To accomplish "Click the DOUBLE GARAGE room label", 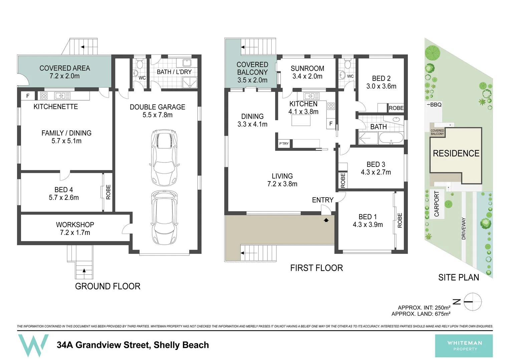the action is pos(157,111).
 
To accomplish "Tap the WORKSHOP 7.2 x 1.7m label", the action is pos(75,229).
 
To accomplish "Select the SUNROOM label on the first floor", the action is pos(307,68).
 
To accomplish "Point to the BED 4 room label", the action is pos(64,194).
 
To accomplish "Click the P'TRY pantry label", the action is pos(284,143).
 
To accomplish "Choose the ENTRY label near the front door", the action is pos(323,200).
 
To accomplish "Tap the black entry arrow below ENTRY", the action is pos(326,220).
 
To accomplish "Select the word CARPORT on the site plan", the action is pos(437,204).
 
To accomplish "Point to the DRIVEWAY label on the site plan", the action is pos(464,229).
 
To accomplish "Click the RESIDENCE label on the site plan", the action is pos(456,153).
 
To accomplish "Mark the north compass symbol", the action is pos(473,302).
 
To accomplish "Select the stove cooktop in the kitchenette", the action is pos(44,96).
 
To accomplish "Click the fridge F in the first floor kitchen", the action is pos(331,124).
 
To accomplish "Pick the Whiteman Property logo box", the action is pos(464,346).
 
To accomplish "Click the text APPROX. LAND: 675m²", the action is pos(421,314).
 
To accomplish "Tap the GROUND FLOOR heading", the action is pos(108,286).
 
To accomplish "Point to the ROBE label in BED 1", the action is pos(400,220).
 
